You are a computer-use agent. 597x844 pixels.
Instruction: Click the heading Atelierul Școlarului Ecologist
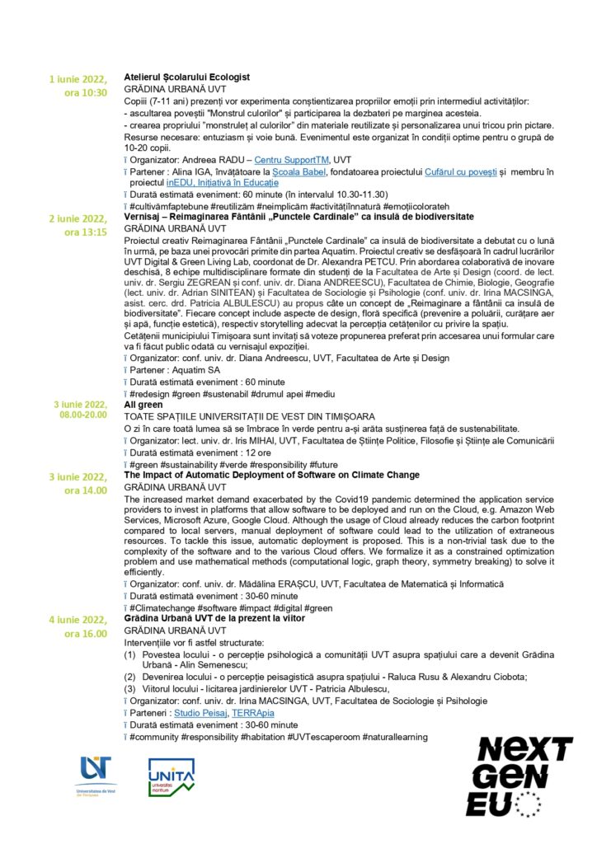(x=186, y=77)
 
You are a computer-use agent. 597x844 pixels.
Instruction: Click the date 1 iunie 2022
(x=78, y=80)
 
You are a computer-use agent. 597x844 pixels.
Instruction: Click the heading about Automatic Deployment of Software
(x=271, y=476)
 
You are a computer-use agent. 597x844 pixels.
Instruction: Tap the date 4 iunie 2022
(x=78, y=620)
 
